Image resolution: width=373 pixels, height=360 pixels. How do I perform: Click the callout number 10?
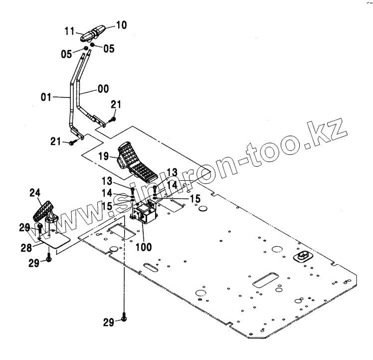(x=108, y=24)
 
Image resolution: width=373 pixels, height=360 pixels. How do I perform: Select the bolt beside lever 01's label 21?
(x=72, y=143)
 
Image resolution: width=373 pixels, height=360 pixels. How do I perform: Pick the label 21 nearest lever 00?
(x=116, y=104)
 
